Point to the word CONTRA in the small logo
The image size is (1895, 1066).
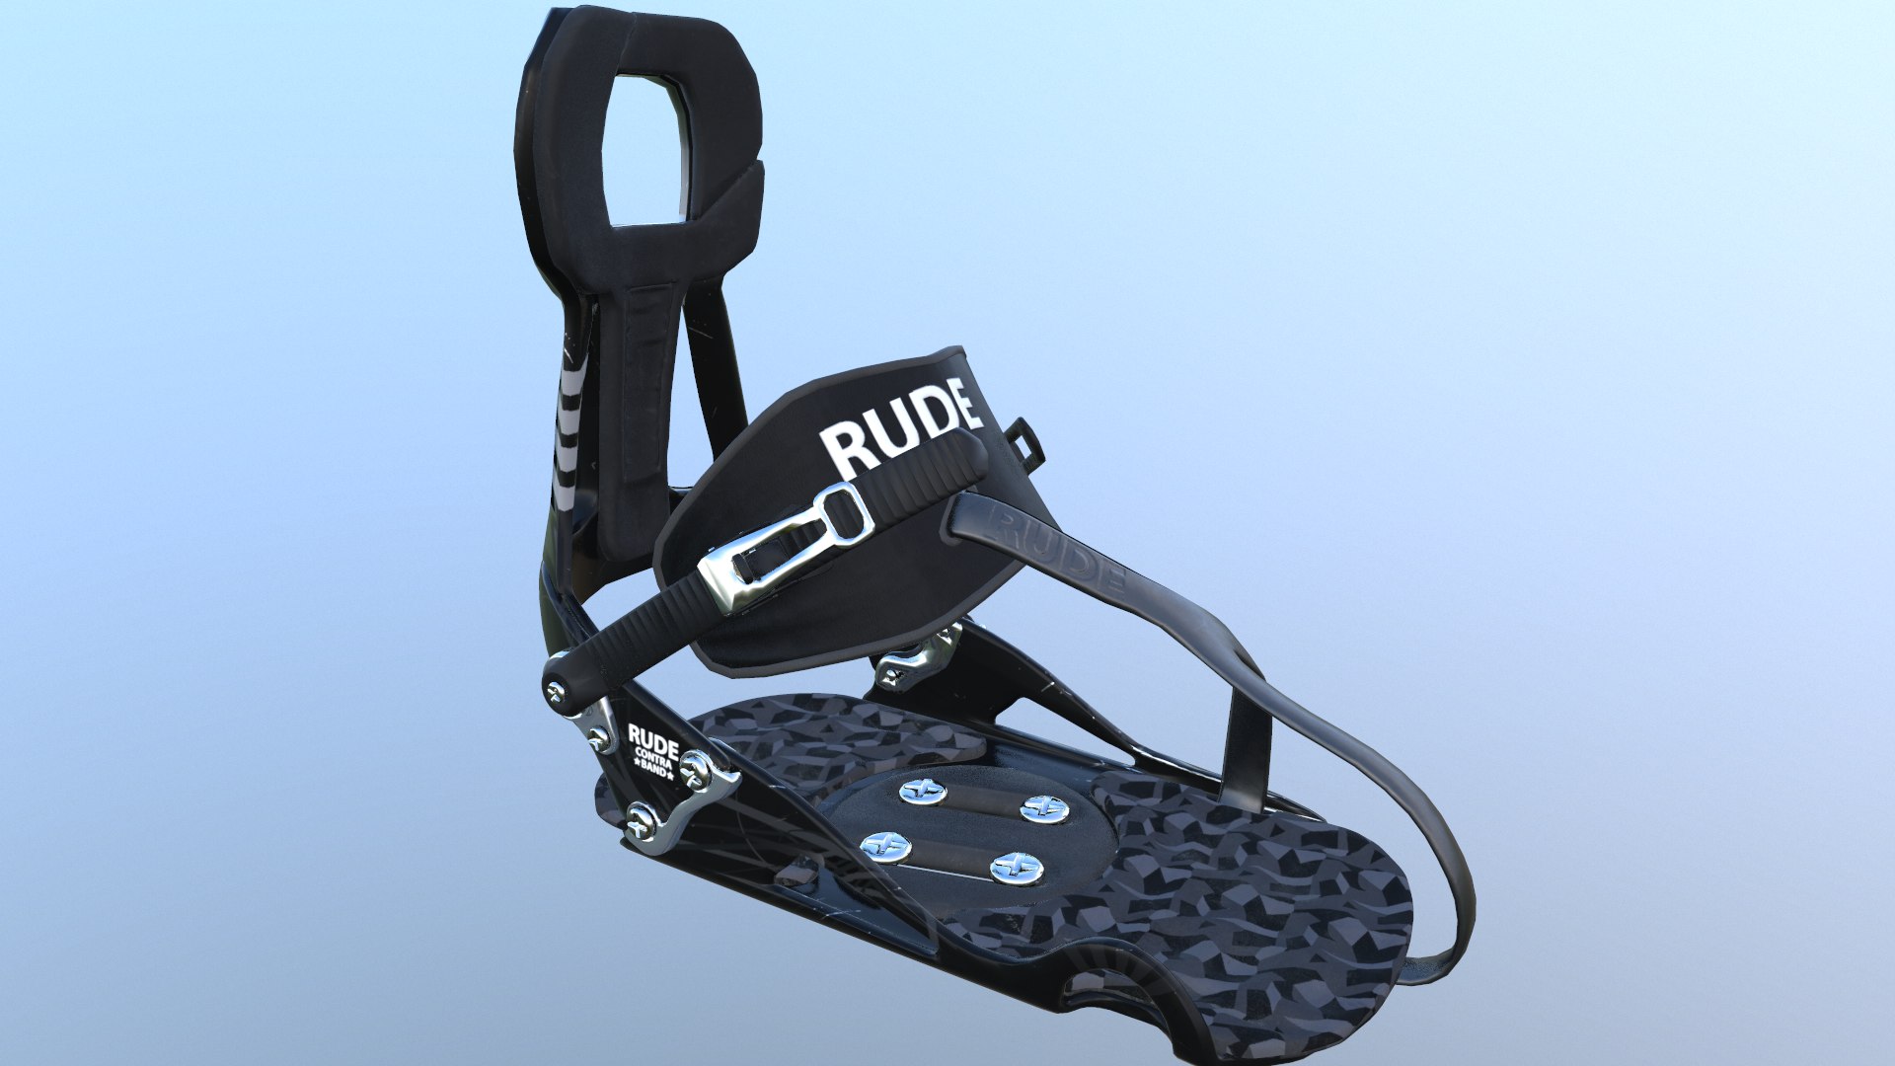[653, 758]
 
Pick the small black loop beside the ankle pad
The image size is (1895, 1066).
[1024, 438]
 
